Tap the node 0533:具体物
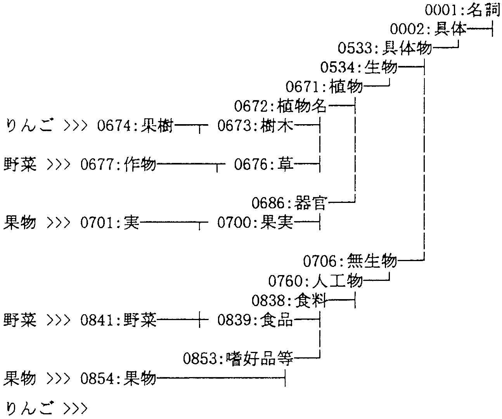click(x=384, y=48)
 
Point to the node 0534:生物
click(x=359, y=68)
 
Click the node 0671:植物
click(x=324, y=86)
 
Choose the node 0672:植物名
click(x=280, y=106)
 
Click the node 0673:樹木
click(x=255, y=126)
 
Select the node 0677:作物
click(x=118, y=164)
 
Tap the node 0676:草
click(x=264, y=164)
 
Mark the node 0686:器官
click(x=289, y=203)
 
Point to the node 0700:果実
click(x=255, y=223)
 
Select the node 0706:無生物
click(x=350, y=261)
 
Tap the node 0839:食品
click(x=255, y=320)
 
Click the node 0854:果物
click(x=118, y=378)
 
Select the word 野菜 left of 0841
click(x=20, y=320)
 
